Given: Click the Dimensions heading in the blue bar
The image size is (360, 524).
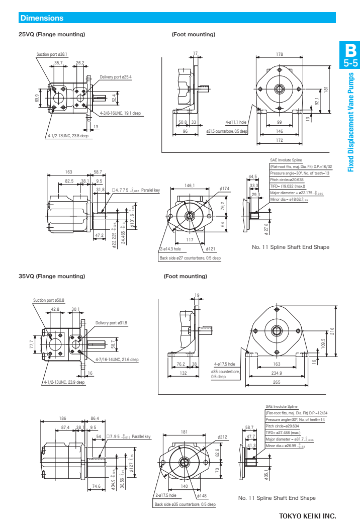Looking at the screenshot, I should [x=42, y=18].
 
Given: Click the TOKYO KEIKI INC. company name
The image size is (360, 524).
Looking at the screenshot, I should [x=307, y=516].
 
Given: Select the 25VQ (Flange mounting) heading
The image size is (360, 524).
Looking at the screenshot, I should [x=52, y=35].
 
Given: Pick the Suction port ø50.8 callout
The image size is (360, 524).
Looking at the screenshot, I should [x=49, y=300].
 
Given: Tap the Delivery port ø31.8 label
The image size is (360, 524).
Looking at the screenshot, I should [x=112, y=323].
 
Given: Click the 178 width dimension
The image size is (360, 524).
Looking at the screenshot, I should [x=280, y=54].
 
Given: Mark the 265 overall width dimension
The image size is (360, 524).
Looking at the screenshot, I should [x=277, y=383].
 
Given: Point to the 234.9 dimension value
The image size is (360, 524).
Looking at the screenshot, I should [x=277, y=373].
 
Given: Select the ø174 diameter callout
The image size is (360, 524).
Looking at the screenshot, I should [x=224, y=189].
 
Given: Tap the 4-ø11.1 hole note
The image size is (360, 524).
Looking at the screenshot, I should [x=236, y=122].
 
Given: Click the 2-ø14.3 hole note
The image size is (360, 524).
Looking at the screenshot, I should [x=170, y=249].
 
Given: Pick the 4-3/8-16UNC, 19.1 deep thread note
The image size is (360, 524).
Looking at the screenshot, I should [x=120, y=113].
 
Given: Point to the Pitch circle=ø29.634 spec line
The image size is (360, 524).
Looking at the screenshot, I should [x=284, y=426].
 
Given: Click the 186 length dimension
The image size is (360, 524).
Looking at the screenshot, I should [x=63, y=418].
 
